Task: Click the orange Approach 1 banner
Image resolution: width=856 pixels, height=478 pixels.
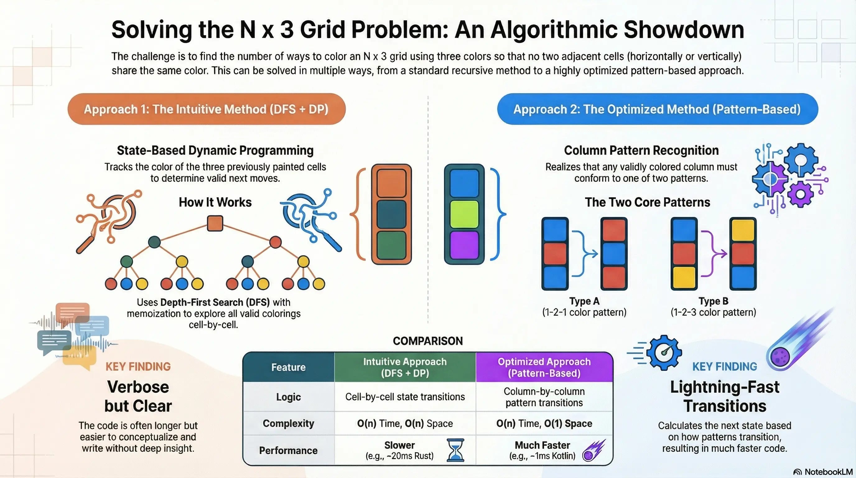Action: point(206,109)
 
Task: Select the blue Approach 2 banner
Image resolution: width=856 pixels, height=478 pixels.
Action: point(657,109)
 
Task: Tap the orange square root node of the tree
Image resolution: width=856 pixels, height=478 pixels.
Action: point(215,223)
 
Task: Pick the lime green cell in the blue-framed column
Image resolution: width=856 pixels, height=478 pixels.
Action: point(464,214)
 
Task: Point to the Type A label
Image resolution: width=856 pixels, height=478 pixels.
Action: point(584,301)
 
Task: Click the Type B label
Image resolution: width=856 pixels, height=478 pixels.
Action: point(713,301)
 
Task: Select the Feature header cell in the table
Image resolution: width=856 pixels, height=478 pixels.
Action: point(288,367)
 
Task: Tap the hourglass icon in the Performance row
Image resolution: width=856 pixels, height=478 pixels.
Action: point(455,450)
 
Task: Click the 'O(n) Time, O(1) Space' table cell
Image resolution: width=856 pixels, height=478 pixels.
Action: point(544,423)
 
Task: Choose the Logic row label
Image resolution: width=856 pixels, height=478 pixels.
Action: point(288,397)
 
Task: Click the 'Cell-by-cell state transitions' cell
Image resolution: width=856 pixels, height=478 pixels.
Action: point(405,396)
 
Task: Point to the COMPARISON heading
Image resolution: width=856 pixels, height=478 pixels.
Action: point(428,341)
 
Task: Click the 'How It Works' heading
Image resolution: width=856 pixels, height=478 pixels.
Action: point(215,202)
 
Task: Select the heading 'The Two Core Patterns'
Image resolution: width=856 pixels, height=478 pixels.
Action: point(647,202)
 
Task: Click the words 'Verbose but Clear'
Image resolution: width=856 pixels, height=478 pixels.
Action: point(138,396)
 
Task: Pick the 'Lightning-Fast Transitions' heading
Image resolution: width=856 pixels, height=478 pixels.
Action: point(725,396)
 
